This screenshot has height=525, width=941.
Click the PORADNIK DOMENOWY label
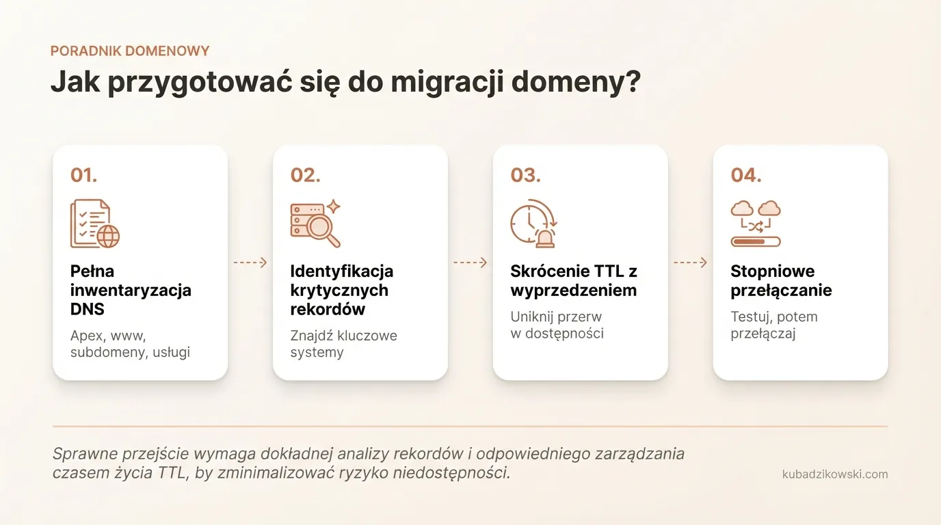[130, 51]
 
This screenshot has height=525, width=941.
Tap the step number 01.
[83, 175]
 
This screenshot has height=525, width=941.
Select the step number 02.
[305, 175]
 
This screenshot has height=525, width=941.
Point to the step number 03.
[525, 175]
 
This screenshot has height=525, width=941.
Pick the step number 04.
[745, 175]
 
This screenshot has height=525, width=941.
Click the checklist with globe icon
[95, 224]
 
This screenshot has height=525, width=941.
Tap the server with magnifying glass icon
[315, 224]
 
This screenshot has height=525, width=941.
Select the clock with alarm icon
[534, 224]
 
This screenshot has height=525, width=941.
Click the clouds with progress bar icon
[756, 224]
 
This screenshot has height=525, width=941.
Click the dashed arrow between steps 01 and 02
[250, 262]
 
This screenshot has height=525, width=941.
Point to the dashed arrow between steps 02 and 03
[471, 262]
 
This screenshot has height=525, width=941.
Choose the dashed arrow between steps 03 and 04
[691, 262]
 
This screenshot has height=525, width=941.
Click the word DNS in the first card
[88, 309]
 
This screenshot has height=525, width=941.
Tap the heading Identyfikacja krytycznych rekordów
[341, 290]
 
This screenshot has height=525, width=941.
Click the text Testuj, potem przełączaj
[773, 325]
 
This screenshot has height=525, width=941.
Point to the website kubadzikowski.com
[835, 474]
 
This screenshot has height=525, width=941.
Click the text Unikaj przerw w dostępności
[557, 325]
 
